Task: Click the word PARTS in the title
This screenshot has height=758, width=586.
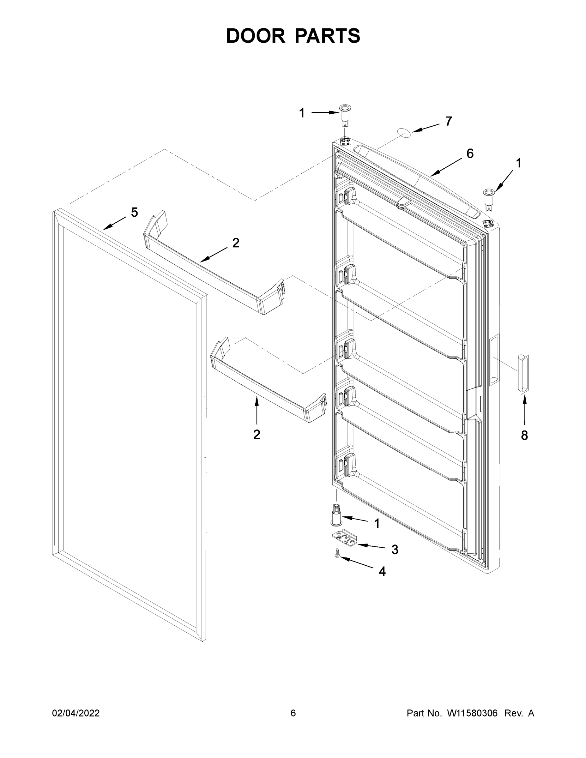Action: (328, 36)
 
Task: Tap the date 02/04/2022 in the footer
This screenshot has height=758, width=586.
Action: (76, 713)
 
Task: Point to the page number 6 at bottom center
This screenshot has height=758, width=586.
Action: (293, 713)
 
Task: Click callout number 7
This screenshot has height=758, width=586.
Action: (449, 121)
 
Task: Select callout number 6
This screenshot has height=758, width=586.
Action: (470, 153)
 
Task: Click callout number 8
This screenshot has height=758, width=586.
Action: (524, 435)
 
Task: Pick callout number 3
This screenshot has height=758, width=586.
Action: (395, 550)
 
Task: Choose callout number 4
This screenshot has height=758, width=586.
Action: (382, 571)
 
